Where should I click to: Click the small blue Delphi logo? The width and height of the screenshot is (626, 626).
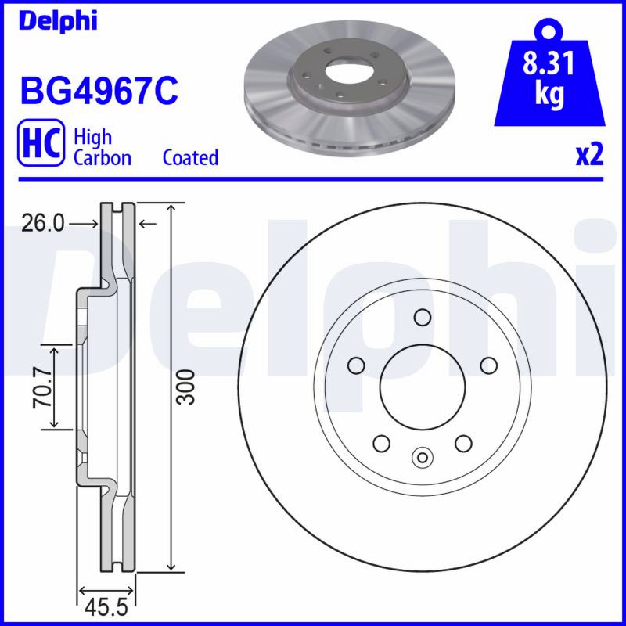(58, 21)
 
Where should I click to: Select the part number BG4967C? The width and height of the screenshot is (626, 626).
(99, 92)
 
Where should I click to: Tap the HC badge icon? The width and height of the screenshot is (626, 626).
(41, 142)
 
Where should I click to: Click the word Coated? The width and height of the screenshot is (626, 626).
(190, 157)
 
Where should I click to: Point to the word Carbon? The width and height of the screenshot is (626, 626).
(103, 157)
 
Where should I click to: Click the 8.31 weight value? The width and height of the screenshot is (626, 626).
(549, 63)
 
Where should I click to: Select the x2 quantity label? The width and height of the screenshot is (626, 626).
(589, 156)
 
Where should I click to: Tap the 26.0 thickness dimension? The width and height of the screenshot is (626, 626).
(43, 224)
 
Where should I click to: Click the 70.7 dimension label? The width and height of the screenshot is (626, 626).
(43, 387)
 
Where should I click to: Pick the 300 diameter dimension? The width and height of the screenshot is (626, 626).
(186, 387)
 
